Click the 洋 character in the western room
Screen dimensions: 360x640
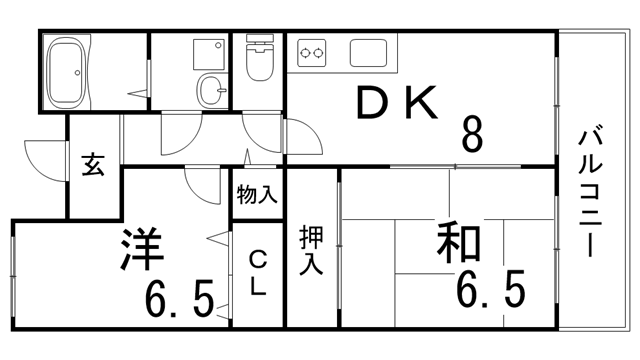[x=143, y=250]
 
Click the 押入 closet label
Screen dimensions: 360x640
[x=311, y=251]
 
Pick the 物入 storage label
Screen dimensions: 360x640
[x=258, y=195]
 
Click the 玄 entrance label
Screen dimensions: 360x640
[x=93, y=166]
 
